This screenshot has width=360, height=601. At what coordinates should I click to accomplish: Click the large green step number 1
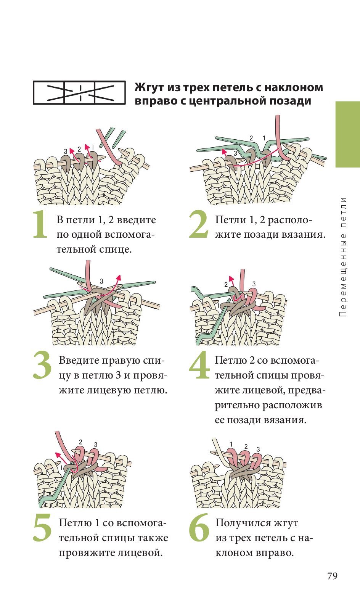tap(40, 224)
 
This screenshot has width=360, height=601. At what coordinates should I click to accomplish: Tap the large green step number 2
tap(198, 224)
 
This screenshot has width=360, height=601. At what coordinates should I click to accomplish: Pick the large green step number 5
tap(42, 527)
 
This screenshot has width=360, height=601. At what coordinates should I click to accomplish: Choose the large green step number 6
tap(199, 527)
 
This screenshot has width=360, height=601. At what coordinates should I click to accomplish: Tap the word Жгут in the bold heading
tap(149, 88)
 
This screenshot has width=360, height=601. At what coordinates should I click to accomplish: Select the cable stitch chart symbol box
tap(79, 93)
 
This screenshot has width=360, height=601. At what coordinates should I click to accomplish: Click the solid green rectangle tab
tap(348, 134)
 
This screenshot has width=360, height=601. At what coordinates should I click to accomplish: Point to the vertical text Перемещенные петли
tap(343, 257)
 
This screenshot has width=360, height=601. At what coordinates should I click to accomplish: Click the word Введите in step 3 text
tap(78, 360)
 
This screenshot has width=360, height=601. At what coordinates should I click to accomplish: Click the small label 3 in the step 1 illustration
tap(66, 152)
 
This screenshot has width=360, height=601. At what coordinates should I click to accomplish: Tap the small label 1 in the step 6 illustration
tap(231, 445)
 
